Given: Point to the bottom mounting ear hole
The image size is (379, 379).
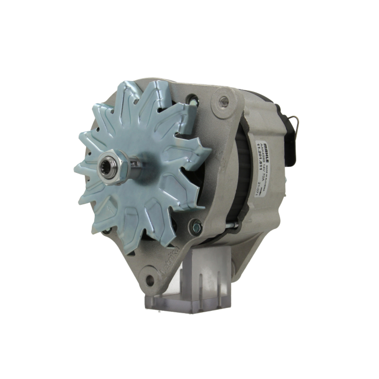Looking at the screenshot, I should point(150,280).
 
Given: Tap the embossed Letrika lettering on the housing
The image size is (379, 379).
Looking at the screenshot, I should point(171,262).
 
